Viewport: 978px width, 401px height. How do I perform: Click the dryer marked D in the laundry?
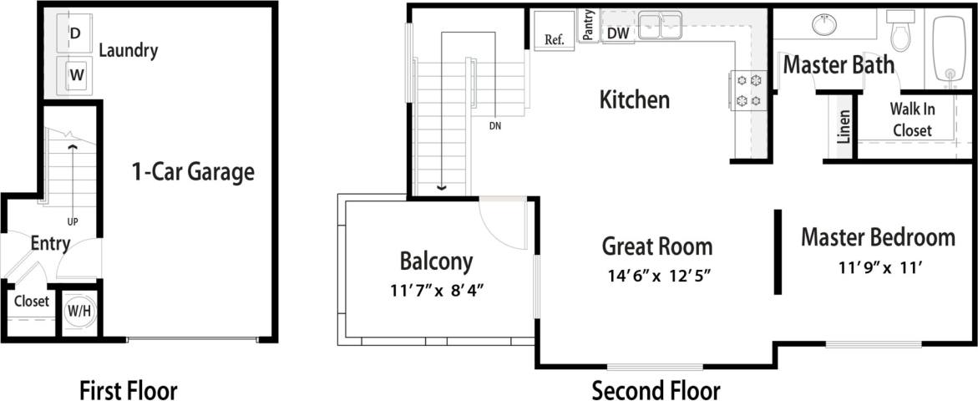tap(75, 33)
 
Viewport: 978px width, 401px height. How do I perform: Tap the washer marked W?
tap(76, 74)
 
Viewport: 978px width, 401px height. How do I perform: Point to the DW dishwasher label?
tap(618, 33)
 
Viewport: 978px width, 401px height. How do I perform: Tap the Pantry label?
tap(589, 25)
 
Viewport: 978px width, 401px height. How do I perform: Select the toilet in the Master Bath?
tap(901, 33)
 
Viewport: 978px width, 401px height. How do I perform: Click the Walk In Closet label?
tap(912, 119)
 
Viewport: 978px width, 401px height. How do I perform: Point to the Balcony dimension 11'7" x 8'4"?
tap(437, 290)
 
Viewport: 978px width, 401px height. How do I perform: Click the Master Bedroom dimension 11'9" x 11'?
tap(878, 267)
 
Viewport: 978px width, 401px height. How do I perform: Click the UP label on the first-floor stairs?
tap(73, 222)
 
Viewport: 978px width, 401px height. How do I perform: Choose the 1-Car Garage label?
tap(193, 173)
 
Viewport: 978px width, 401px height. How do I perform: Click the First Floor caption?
tap(129, 389)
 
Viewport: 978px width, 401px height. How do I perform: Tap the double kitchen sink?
tap(660, 27)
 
